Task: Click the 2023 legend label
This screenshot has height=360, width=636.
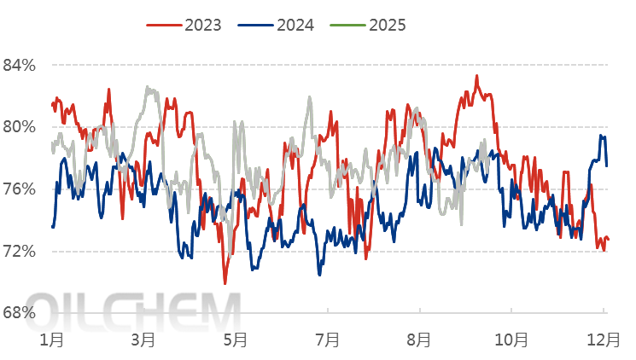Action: click(202, 25)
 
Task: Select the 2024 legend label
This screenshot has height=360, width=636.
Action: click(295, 25)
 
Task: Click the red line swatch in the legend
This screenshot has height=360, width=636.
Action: click(164, 25)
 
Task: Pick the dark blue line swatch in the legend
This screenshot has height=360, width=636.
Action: click(256, 25)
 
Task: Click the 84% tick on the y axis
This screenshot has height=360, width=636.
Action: click(18, 65)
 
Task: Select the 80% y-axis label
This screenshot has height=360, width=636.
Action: click(18, 127)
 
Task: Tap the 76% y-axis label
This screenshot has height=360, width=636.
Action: click(18, 189)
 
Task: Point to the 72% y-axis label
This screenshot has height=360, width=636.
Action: click(18, 252)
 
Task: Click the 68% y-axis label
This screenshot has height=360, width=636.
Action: click(18, 313)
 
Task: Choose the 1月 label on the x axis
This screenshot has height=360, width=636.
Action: click(53, 340)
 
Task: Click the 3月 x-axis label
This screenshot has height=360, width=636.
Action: click(143, 340)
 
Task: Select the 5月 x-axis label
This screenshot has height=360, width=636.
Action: click(235, 340)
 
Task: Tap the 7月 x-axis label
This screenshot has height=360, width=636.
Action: click(327, 340)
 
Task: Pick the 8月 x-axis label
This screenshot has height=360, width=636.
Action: click(418, 340)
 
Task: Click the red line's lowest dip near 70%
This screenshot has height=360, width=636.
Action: click(225, 283)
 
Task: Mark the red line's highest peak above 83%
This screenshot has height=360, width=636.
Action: click(476, 76)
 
